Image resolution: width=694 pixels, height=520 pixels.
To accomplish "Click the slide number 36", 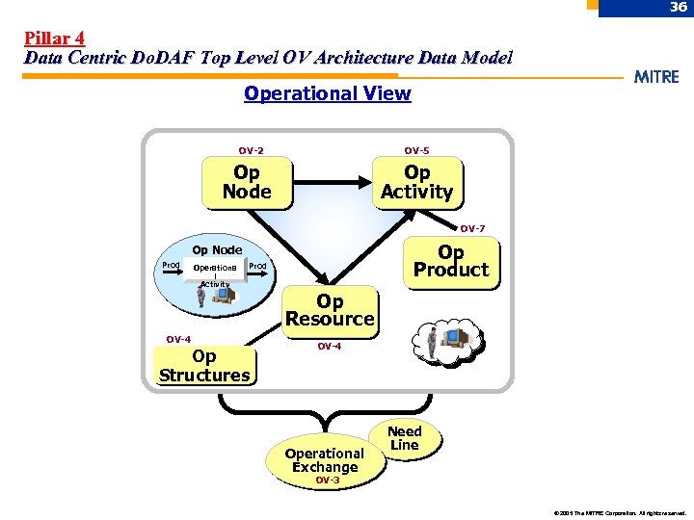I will point(679,8).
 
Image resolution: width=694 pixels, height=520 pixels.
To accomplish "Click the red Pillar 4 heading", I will point(54,39).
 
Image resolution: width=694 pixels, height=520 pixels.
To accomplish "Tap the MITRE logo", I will point(655,77).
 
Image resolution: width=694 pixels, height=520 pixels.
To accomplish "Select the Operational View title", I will point(327,93).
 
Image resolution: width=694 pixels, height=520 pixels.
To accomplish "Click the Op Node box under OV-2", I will point(247,182).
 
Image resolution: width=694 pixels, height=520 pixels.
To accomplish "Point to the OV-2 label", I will point(252,150).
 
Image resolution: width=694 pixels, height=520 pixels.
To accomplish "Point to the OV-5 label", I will point(416,150).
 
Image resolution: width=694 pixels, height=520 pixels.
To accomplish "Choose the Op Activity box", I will point(416,182).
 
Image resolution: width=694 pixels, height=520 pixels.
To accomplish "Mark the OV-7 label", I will point(472,228).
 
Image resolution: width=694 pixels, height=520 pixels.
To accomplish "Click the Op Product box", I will point(450,261).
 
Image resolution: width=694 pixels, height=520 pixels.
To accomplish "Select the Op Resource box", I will point(330,309).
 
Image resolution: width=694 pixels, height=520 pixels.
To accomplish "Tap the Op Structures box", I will point(204,366).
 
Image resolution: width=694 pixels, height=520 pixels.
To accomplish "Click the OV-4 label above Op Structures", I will point(178,339).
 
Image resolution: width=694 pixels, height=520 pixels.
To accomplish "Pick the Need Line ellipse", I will point(404,438).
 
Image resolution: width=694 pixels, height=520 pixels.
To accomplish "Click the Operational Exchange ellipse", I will point(325,459).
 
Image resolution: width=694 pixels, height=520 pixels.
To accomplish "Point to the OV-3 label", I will point(328,480).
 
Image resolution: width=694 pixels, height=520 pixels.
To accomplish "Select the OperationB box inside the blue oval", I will point(215,267).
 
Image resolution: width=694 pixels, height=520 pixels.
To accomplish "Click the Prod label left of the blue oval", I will point(170,265).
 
